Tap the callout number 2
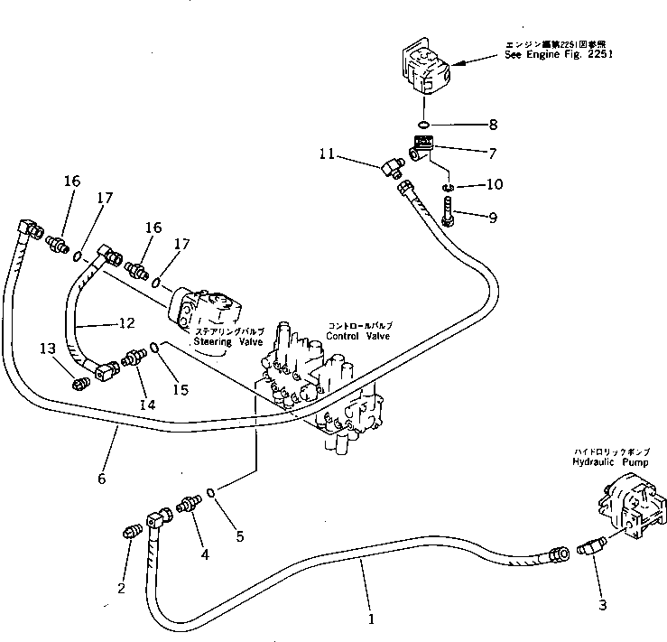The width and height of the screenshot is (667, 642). tap(121, 590)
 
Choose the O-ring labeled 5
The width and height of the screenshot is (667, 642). tap(210, 493)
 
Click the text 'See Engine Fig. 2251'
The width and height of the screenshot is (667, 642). tap(560, 53)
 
